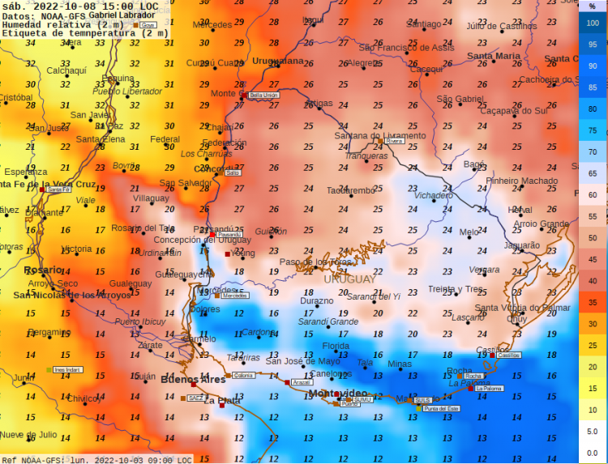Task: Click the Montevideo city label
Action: (337, 394)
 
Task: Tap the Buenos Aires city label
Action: (193, 379)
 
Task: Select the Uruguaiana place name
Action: (277, 61)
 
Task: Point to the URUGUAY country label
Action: (349, 279)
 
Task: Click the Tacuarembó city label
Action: (351, 190)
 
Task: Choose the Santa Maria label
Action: (493, 56)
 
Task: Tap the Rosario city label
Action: (43, 270)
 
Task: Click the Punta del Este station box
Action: (442, 409)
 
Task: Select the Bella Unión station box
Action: (263, 96)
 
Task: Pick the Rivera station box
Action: (394, 141)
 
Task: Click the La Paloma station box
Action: (489, 389)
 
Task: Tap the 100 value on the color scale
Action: (593, 23)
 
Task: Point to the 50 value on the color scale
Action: (593, 237)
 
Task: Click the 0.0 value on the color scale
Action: (593, 453)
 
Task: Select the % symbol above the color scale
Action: (593, 6)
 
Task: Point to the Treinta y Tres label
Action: (455, 289)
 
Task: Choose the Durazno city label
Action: (316, 300)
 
